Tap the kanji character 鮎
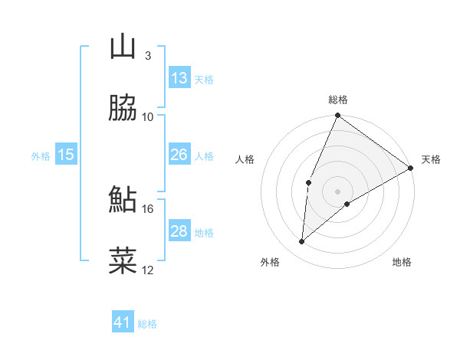click(123, 199)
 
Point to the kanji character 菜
click(123, 260)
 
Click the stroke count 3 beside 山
click(147, 56)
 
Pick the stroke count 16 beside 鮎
click(147, 208)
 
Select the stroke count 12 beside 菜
click(147, 270)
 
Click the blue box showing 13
click(179, 78)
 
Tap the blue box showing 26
click(179, 155)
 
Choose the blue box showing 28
click(179, 231)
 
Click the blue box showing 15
click(66, 155)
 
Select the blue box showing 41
click(123, 322)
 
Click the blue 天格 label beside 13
click(204, 80)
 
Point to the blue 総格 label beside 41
click(147, 324)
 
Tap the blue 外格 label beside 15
click(41, 156)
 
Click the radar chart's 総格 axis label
click(338, 100)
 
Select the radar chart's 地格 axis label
click(402, 262)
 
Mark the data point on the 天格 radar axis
click(411, 168)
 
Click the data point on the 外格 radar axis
click(302, 242)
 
